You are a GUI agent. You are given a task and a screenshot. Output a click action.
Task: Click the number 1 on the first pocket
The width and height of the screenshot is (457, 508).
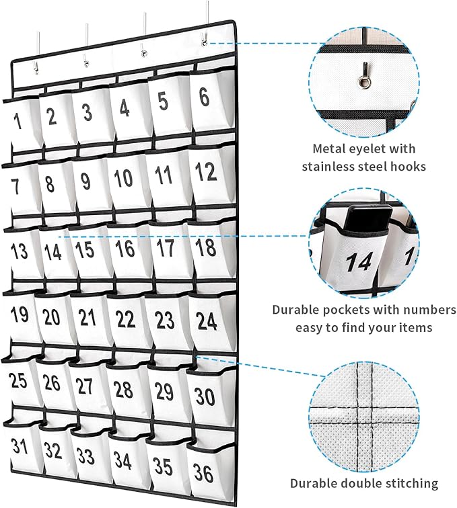[x=17, y=121]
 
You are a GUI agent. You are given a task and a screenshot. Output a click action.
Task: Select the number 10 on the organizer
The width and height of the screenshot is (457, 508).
[x=122, y=178]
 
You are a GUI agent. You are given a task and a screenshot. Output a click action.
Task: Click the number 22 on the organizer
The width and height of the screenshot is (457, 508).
[x=125, y=321]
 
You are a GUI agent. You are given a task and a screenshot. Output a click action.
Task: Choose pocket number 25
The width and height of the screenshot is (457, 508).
[x=18, y=381]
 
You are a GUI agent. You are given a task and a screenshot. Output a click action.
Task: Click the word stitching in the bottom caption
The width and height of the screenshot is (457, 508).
[x=410, y=482]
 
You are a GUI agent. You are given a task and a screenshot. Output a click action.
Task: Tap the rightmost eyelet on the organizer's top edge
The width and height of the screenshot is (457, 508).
[x=204, y=44]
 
